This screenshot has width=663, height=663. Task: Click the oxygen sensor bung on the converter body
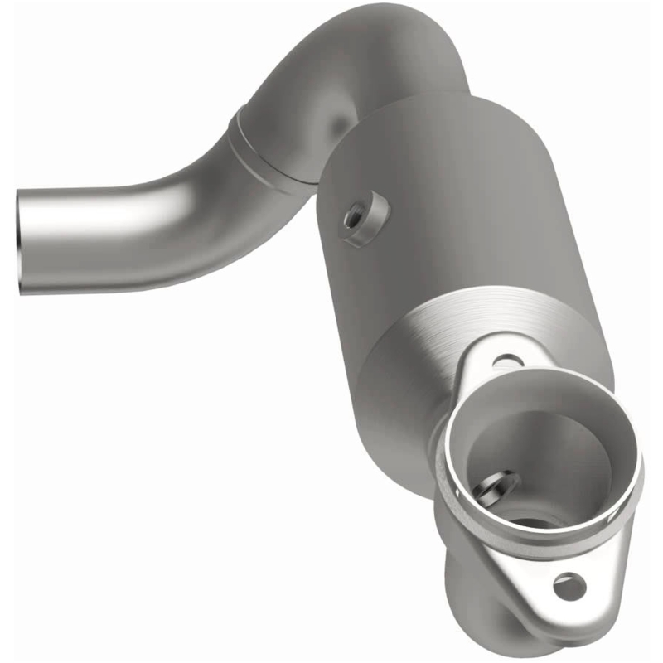tap(365, 217)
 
